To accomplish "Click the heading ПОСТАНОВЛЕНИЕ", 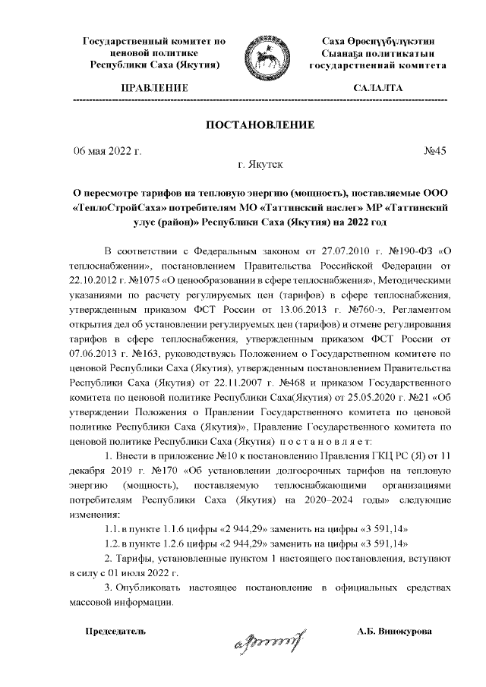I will pyautogui.click(x=260, y=124).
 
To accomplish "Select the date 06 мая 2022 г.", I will pyautogui.click(x=107, y=150).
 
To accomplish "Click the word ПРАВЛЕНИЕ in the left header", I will pyautogui.click(x=150, y=89).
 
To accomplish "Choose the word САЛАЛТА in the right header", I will pyautogui.click(x=377, y=89).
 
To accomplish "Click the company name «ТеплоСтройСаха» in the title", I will pyautogui.click(x=118, y=206).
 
